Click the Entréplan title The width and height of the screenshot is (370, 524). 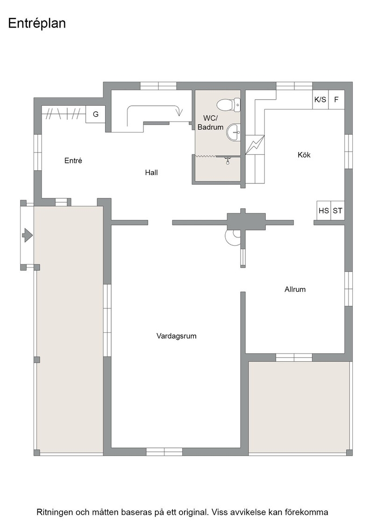click(37, 23)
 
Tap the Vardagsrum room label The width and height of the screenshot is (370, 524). click(177, 336)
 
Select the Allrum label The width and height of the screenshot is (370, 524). click(295, 290)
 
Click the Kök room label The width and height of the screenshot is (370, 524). click(304, 155)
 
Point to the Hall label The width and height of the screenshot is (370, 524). click(151, 173)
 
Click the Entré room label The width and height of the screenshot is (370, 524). click(73, 160)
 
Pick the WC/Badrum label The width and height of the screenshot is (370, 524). click(211, 123)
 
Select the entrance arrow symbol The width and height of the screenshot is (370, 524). click(27, 235)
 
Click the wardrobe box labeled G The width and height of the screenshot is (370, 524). click(96, 114)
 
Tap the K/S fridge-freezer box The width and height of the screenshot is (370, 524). click(320, 100)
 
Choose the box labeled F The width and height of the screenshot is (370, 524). click(336, 100)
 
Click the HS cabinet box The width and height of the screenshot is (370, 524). click(324, 211)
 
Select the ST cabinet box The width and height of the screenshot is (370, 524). click(337, 211)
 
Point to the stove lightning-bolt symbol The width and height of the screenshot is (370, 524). click(255, 145)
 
